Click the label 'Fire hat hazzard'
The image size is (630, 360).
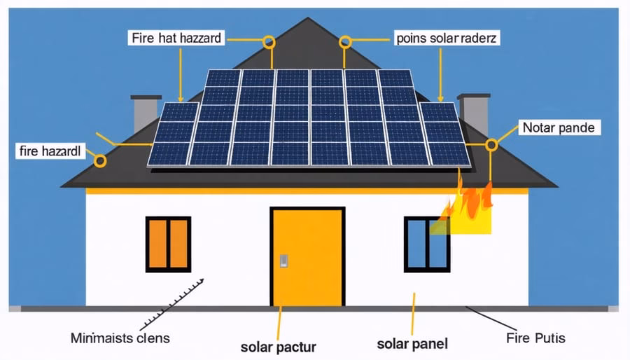click(x=177, y=38)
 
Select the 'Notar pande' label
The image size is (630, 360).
click(x=558, y=128)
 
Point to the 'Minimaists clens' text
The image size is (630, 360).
click(x=120, y=338)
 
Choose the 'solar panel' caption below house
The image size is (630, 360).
click(x=412, y=344)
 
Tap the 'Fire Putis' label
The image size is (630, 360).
click(x=535, y=338)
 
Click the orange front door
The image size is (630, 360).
click(x=307, y=257)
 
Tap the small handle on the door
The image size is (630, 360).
click(x=283, y=261)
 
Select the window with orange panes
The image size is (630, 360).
click(x=168, y=244)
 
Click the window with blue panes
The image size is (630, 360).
click(x=427, y=244)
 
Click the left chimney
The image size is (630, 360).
click(x=146, y=112)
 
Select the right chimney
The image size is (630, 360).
click(x=473, y=113)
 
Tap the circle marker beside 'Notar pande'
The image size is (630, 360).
click(x=491, y=145)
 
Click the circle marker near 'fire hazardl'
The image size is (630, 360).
click(x=100, y=161)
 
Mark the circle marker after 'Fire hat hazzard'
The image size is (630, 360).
click(x=269, y=42)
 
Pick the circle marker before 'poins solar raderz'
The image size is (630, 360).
click(x=344, y=42)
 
